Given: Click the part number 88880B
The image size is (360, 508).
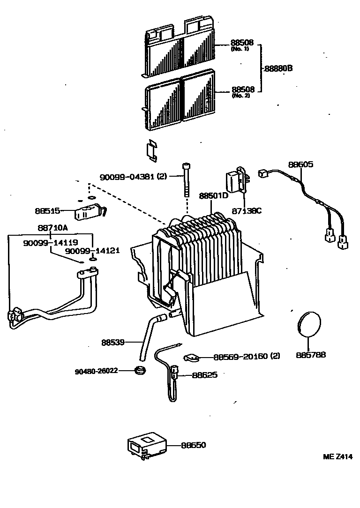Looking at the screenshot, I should pos(278,68).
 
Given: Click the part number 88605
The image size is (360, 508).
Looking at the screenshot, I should pos(300,164).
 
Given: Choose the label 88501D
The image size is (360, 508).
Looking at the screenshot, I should pos(213,195).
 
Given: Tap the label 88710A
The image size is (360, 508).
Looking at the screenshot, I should pos(52,227).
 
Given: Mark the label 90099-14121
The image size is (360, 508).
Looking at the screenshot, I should pos(92,251).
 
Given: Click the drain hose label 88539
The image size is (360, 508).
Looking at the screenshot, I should pos(112,342).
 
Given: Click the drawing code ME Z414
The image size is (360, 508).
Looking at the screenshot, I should pos(337,457).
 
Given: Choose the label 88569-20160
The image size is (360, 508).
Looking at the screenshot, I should pos(247,356).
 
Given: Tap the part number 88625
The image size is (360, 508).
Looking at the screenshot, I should pos(205,375).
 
